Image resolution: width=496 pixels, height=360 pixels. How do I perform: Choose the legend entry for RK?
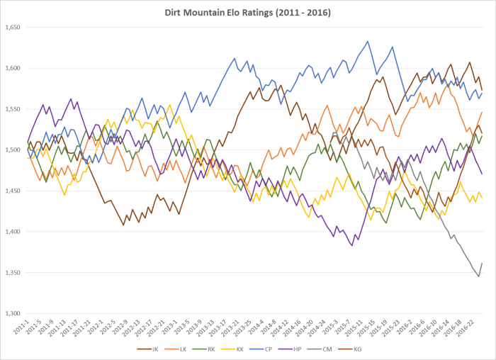tap(218, 349)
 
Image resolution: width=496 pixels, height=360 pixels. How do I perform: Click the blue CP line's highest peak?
tap(367, 41)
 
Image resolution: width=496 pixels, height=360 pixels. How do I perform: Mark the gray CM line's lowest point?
tap(479, 276)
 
